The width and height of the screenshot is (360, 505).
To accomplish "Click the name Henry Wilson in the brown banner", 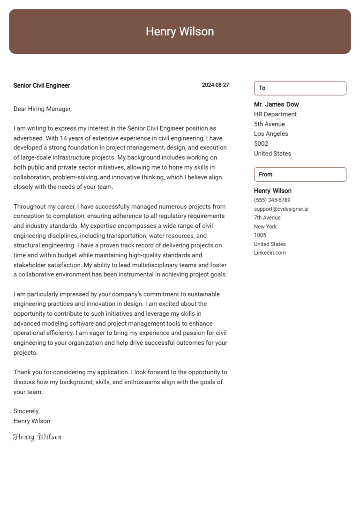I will (x=180, y=31).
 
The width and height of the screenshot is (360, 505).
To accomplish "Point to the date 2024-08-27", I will (x=215, y=85).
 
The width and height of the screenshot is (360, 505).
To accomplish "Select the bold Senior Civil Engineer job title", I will (x=42, y=86).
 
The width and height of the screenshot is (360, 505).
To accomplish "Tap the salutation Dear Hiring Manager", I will (x=42, y=109).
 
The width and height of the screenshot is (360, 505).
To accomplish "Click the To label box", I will (x=300, y=88).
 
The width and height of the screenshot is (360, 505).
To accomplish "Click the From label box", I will (x=300, y=174).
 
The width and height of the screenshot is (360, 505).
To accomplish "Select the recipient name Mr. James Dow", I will (x=276, y=104).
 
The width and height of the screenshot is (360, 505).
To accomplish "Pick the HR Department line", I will (x=275, y=114).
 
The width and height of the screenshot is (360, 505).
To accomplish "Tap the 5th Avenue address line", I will (x=270, y=124).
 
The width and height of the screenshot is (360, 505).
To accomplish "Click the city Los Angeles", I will (x=271, y=134).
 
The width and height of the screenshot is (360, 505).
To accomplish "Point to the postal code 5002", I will (x=261, y=144).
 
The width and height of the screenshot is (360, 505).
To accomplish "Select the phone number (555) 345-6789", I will (x=272, y=200).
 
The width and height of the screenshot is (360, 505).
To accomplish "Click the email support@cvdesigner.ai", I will (x=281, y=209).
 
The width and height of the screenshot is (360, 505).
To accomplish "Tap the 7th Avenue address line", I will (x=267, y=218).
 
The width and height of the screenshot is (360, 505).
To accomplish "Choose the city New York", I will (x=265, y=227).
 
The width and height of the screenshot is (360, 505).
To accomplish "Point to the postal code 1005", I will (x=260, y=235).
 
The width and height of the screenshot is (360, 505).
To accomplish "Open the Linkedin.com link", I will (x=270, y=253).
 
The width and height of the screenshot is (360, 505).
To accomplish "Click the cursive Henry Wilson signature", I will (x=37, y=437).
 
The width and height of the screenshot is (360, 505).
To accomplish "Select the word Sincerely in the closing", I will (x=26, y=411).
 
